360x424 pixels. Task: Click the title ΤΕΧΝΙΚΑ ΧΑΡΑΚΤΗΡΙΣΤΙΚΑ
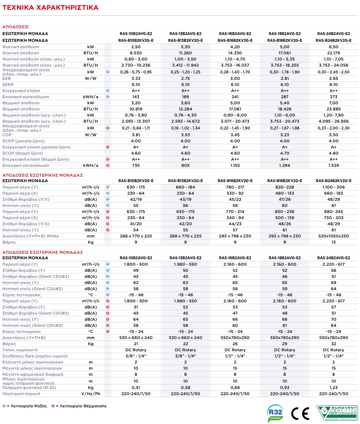50,7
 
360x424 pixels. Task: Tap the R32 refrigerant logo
275,413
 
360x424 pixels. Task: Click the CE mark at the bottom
300,413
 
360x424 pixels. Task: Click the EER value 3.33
136,78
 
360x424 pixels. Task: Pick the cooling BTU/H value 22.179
333,53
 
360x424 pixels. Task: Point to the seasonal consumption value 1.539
333,165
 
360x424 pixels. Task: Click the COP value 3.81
136,135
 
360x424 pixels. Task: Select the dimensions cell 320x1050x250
333,236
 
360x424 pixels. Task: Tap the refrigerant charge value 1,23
333,388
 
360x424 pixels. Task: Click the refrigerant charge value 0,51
136,388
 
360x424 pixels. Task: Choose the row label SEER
8,85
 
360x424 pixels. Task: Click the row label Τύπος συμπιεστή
20,350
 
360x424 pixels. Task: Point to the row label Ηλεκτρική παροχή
21,394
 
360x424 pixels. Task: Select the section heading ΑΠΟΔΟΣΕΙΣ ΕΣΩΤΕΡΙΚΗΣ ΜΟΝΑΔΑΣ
42,175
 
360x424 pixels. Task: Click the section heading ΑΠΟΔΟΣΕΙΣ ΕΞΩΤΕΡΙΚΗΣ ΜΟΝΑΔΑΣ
42,252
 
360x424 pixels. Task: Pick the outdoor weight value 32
333,344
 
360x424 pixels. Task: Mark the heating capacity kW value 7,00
333,103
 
